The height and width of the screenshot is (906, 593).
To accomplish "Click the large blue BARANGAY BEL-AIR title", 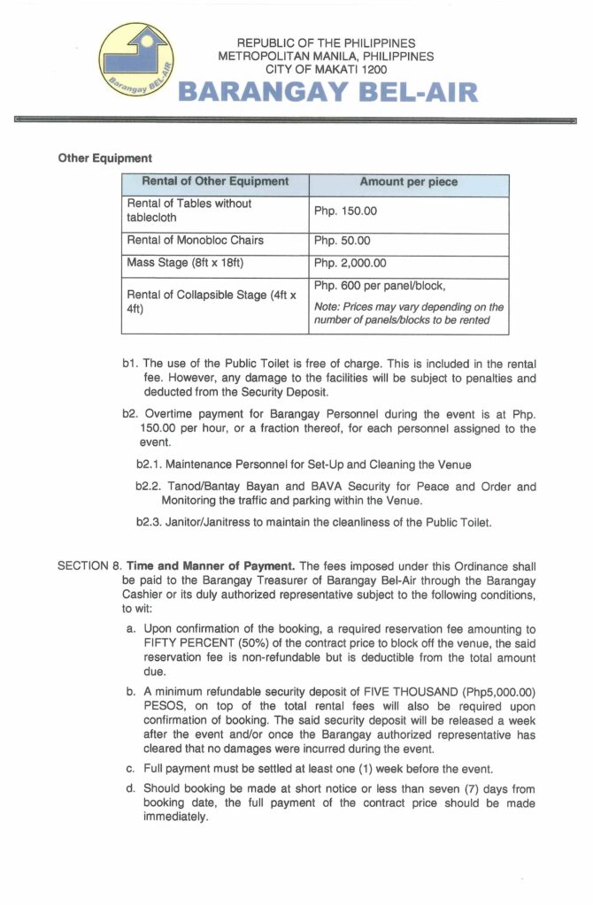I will point(328,92).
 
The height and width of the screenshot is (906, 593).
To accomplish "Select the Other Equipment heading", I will point(105,158).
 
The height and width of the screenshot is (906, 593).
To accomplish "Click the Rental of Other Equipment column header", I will point(214,181).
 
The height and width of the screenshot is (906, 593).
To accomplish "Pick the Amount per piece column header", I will point(408,181).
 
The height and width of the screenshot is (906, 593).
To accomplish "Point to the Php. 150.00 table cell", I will point(346,211).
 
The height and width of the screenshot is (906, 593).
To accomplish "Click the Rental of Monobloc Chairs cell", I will point(196,241).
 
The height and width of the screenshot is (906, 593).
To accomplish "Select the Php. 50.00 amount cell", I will point(343,241).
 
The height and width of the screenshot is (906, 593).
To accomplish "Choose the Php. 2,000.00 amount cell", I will point(350,263).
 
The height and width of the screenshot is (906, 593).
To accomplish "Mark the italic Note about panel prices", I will point(409,313).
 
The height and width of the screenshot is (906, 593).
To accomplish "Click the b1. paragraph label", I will point(130,363).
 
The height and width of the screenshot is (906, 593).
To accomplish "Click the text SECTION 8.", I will point(89,565).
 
